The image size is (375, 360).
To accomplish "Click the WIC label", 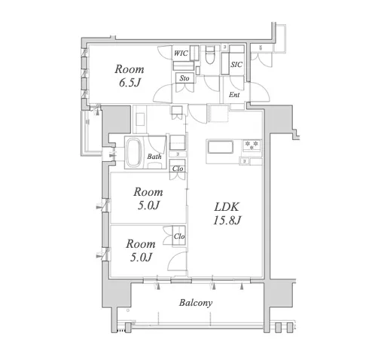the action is click(x=181, y=53).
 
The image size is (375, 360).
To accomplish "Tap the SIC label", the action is click(x=236, y=65).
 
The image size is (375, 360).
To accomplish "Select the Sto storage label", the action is click(x=184, y=78).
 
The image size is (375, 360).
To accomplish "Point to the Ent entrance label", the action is click(x=234, y=95).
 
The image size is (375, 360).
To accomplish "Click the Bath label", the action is click(x=154, y=157).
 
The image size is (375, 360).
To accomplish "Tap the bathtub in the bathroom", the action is click(x=134, y=152).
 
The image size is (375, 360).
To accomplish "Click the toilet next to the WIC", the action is click(x=209, y=55).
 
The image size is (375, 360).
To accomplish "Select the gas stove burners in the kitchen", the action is click(x=252, y=145).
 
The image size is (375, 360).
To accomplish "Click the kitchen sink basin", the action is click(x=220, y=147).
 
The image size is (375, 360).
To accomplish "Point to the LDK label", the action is click(x=227, y=207).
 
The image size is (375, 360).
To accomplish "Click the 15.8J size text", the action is click(x=227, y=221).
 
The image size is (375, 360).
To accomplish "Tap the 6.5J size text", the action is click(x=130, y=83).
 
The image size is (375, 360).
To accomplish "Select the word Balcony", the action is click(x=196, y=303).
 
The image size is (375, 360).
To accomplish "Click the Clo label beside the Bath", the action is click(x=178, y=169).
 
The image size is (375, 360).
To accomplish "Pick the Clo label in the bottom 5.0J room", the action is click(x=179, y=236).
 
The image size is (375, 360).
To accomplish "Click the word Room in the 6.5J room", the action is click(x=130, y=69).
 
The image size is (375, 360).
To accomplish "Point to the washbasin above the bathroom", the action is click(x=140, y=119).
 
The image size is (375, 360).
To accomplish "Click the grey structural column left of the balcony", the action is click(x=116, y=293).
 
